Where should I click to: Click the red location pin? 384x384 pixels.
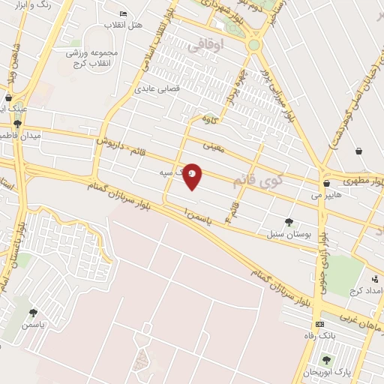(193, 175)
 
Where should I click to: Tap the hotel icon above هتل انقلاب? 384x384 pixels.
(124, 13)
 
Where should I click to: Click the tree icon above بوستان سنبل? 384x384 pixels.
(288, 221)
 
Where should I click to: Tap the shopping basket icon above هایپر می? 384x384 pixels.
(326, 183)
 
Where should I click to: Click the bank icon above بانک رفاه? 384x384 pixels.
(320, 324)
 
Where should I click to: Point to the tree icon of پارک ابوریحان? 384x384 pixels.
(325, 361)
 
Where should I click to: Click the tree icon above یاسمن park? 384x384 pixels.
(33, 313)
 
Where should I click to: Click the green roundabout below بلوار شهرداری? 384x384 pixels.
(254, 45)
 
